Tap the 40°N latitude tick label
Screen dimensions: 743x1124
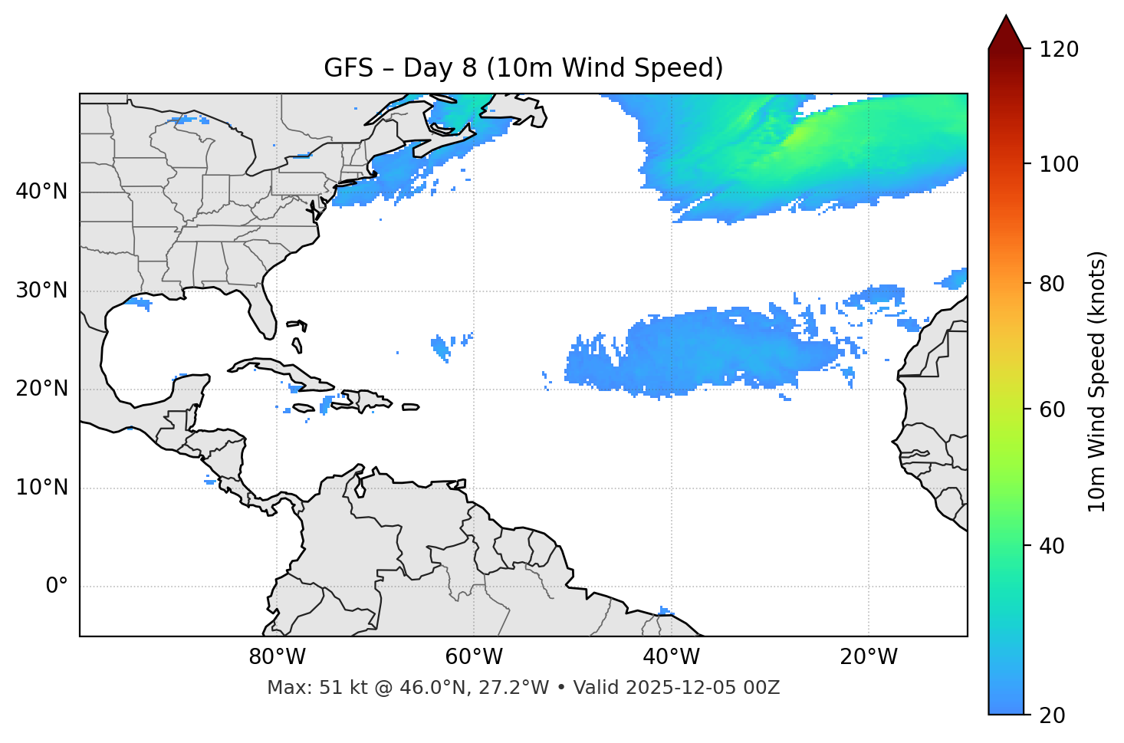click(x=41, y=192)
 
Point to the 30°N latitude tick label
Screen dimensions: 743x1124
click(x=41, y=291)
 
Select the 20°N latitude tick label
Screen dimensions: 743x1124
click(x=41, y=390)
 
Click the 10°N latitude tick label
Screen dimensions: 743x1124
click(x=41, y=488)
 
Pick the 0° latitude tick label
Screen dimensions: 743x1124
click(x=57, y=587)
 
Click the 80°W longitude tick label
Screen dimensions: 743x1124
click(x=277, y=657)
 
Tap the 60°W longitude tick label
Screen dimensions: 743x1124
click(x=474, y=657)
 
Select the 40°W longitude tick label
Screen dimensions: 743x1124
click(x=671, y=657)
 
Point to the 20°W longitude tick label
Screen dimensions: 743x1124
click(x=868, y=657)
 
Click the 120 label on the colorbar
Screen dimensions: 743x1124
click(x=1059, y=50)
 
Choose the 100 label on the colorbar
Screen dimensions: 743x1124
click(x=1059, y=164)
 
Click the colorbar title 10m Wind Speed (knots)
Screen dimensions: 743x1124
click(x=1097, y=381)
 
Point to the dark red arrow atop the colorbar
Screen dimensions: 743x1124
click(x=1006, y=33)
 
